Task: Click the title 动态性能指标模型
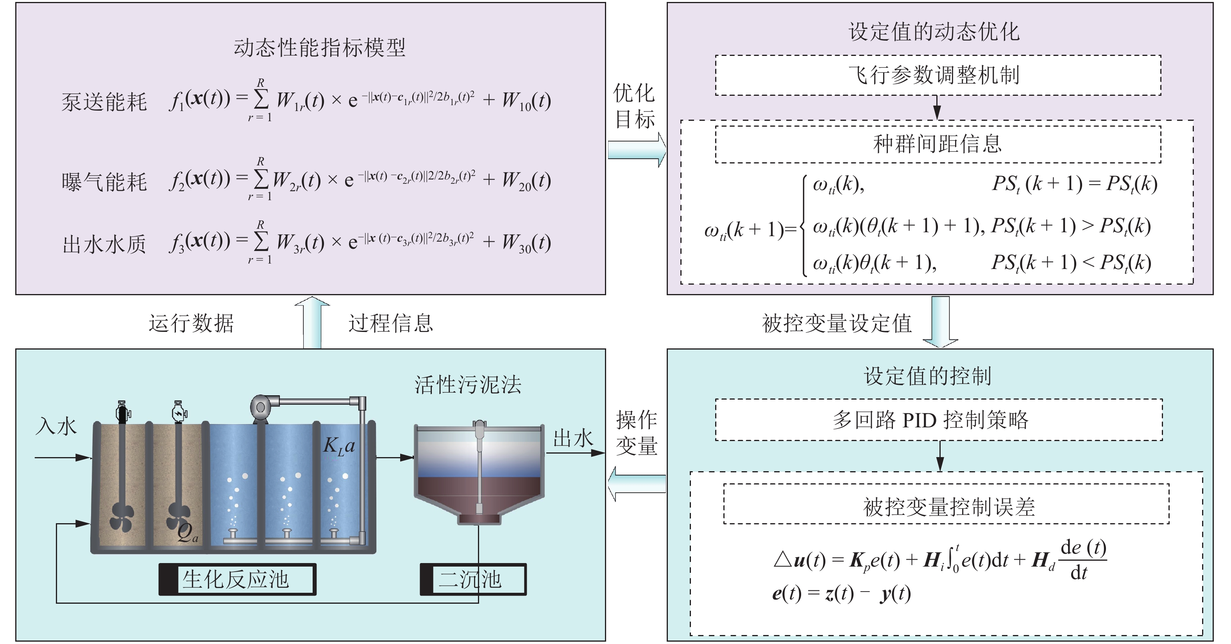pyautogui.click(x=319, y=48)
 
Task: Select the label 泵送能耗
pyautogui.click(x=104, y=102)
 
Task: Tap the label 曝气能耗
pyautogui.click(x=104, y=182)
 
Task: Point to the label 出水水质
pyautogui.click(x=104, y=244)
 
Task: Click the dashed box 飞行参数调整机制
pyautogui.click(x=938, y=75)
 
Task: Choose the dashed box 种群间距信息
pyautogui.click(x=938, y=144)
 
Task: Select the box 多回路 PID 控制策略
pyautogui.click(x=939, y=420)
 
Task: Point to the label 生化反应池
pyautogui.click(x=236, y=579)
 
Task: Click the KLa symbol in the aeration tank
pyautogui.click(x=339, y=447)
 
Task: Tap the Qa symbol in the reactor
pyautogui.click(x=187, y=533)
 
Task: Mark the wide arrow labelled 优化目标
pyautogui.click(x=637, y=150)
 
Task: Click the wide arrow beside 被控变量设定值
pyautogui.click(x=941, y=322)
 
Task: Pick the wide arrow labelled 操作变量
pyautogui.click(x=637, y=484)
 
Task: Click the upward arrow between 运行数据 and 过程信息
pyautogui.click(x=312, y=322)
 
